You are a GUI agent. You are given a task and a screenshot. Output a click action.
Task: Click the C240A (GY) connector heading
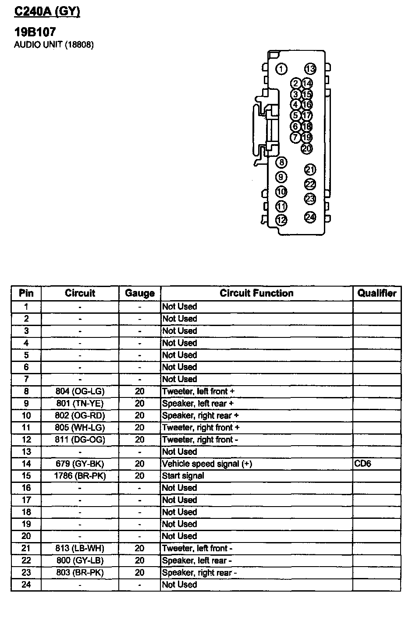tap(47, 11)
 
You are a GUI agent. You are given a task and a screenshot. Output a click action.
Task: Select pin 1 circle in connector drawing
tap(281, 69)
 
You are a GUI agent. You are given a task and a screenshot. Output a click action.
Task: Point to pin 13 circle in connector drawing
tap(310, 69)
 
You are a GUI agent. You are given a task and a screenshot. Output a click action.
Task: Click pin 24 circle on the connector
tap(310, 217)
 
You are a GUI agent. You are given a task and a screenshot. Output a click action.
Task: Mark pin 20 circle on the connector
tap(307, 149)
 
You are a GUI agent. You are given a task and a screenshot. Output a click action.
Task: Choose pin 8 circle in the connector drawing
tap(281, 163)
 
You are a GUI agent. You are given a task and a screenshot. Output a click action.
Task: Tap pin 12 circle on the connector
tap(281, 220)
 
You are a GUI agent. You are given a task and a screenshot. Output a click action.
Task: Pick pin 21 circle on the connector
tap(310, 170)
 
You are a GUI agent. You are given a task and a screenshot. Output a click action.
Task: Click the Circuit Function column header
tap(256, 293)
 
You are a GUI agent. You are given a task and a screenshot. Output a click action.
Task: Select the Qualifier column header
tap(376, 293)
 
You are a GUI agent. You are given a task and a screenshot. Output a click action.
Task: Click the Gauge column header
tap(139, 293)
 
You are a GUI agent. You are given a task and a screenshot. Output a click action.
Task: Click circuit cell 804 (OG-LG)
tap(80, 391)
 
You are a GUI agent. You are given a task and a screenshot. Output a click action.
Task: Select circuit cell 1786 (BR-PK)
tap(80, 476)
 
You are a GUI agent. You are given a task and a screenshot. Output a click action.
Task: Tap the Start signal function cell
tap(183, 476)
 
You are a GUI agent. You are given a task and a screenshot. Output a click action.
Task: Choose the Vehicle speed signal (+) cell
tap(207, 464)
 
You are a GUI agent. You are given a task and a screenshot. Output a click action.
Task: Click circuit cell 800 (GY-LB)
tap(80, 560)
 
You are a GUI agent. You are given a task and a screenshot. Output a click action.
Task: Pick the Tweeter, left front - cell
tap(197, 548)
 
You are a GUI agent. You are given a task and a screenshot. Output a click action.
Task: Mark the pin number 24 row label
tap(26, 585)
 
